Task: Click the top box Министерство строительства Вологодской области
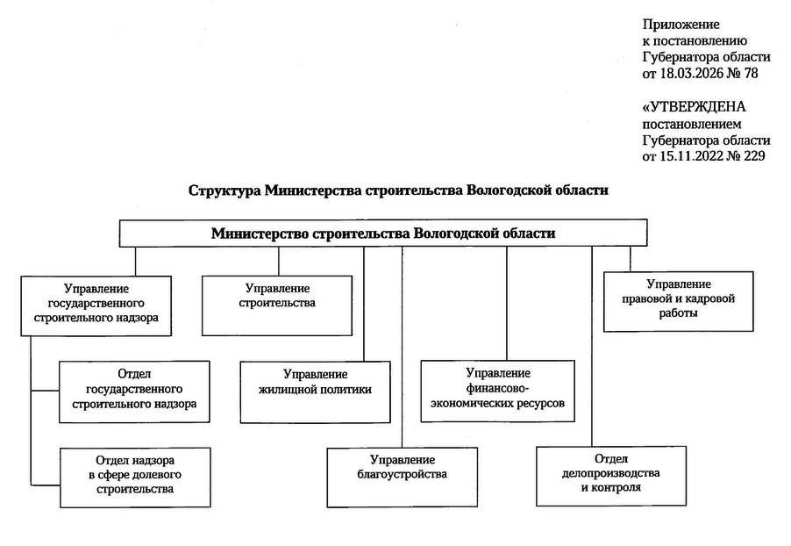tap(383, 233)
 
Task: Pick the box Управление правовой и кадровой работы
tap(679, 299)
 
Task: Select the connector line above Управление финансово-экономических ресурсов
tap(506, 303)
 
